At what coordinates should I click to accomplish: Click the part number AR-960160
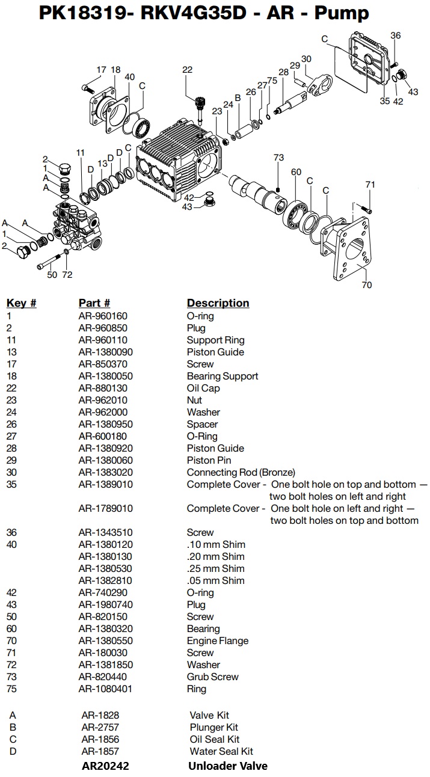click(103, 316)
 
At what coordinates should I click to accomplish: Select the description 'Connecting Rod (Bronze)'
click(241, 472)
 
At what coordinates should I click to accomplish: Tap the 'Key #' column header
click(21, 303)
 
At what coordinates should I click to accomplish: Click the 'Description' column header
click(218, 303)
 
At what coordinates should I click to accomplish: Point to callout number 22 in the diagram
click(187, 70)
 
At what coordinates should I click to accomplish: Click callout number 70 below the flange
click(367, 285)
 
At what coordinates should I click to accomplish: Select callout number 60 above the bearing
click(296, 172)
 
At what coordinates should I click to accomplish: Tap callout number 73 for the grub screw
click(278, 158)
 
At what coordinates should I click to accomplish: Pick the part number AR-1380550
click(105, 640)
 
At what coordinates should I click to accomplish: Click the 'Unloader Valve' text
click(228, 766)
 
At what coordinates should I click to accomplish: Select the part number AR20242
click(105, 766)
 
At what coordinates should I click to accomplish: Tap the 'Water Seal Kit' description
click(221, 751)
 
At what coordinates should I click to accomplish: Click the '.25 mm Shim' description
click(215, 568)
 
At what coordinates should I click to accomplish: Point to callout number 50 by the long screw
click(52, 275)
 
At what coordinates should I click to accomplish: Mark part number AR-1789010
click(105, 508)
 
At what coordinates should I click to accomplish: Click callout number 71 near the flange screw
click(370, 185)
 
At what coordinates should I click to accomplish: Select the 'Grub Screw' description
click(212, 677)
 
